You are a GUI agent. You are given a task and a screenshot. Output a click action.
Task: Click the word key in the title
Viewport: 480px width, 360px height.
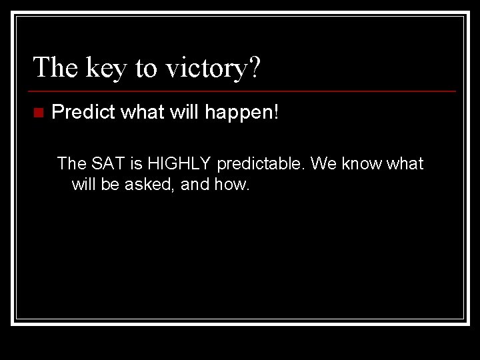click(106, 69)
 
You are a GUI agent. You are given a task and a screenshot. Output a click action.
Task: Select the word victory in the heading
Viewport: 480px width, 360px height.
click(207, 69)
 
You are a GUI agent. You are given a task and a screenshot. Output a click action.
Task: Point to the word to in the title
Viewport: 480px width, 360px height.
click(146, 68)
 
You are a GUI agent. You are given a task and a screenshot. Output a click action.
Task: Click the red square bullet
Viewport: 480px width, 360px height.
click(39, 113)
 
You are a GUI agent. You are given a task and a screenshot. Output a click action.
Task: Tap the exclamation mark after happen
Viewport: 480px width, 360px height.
click(276, 111)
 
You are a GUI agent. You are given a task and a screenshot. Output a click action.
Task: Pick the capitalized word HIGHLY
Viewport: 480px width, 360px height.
click(179, 163)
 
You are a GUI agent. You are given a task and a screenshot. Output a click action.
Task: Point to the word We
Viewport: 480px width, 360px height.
click(323, 163)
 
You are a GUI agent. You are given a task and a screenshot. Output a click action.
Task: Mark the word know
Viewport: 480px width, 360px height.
click(362, 163)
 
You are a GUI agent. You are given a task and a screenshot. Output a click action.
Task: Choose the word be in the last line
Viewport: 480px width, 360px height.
click(109, 184)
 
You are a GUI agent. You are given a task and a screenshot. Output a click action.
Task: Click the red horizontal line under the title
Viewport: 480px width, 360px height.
click(242, 91)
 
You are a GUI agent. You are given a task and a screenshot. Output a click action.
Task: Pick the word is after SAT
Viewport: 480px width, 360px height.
click(137, 163)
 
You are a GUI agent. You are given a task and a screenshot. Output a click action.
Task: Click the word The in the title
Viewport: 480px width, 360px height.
click(55, 67)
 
